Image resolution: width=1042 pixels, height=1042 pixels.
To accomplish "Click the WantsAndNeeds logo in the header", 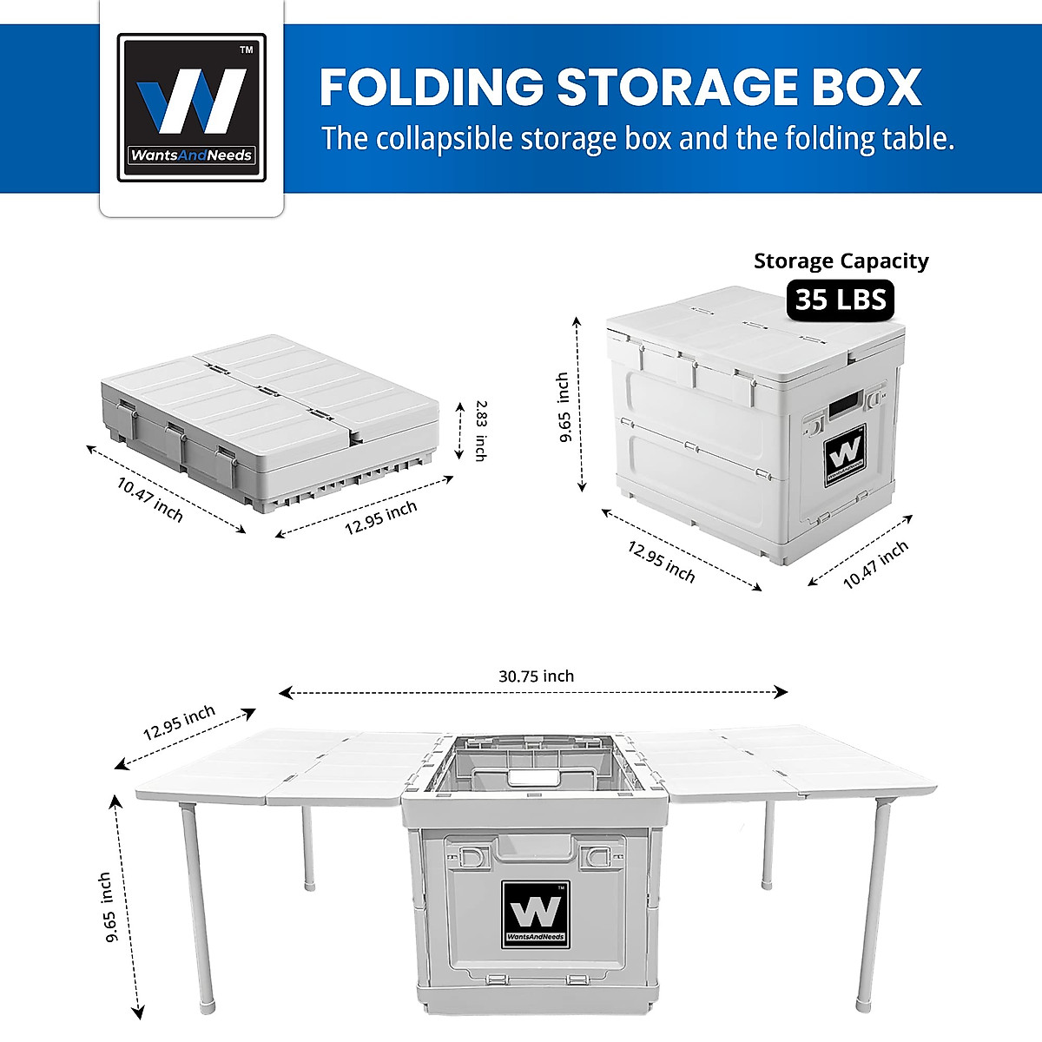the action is [192, 108].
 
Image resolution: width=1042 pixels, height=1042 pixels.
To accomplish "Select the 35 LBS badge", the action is [841, 300].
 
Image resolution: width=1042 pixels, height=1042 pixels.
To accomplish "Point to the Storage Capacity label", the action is [841, 261].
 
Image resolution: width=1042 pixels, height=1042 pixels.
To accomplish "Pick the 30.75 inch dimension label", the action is [536, 676].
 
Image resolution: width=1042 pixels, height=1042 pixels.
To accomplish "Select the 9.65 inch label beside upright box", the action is [564, 407].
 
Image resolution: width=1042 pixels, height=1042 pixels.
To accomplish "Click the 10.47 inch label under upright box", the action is [875, 564].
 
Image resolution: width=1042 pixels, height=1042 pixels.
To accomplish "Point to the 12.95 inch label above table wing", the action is [179, 722].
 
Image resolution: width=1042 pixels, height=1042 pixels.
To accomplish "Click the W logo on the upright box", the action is [844, 453].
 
